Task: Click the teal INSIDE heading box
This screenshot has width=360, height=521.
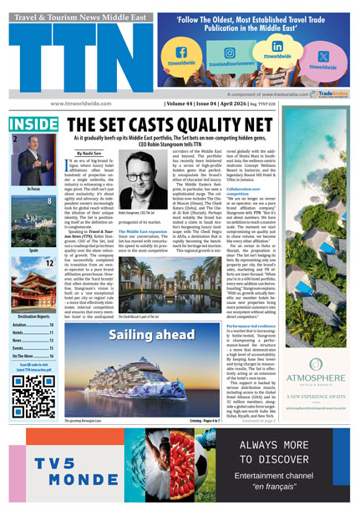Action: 34,124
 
